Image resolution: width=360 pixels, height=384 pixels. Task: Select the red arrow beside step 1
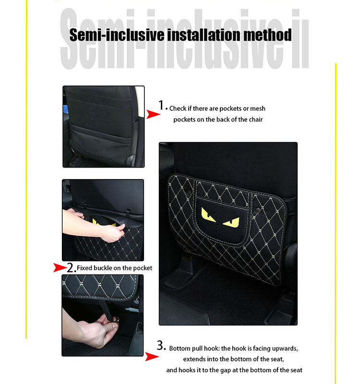[153, 114]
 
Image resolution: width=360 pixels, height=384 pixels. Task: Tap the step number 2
[71, 267]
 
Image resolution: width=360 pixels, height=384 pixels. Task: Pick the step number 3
[161, 346]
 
